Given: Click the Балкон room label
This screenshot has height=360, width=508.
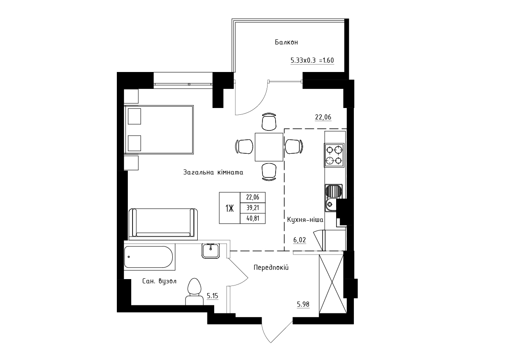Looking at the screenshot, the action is pyautogui.click(x=286, y=42).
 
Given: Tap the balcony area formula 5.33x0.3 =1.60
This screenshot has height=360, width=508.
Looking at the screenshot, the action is pyautogui.click(x=312, y=60).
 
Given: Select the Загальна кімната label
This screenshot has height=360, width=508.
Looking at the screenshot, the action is pyautogui.click(x=213, y=172).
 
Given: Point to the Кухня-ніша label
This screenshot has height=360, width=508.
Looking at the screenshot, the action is pyautogui.click(x=305, y=219).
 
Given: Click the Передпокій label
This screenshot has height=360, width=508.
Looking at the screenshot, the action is pyautogui.click(x=271, y=268).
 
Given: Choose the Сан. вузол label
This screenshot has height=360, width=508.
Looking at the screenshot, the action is pyautogui.click(x=159, y=281).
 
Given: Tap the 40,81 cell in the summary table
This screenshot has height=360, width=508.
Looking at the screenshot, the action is pyautogui.click(x=253, y=219).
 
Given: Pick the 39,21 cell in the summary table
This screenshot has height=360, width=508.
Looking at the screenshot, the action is pyautogui.click(x=253, y=208).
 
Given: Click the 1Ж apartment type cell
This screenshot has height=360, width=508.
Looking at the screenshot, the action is pyautogui.click(x=229, y=208).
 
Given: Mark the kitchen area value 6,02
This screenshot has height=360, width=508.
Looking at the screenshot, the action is pyautogui.click(x=300, y=240).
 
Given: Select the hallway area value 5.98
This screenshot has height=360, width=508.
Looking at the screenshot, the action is pyautogui.click(x=303, y=304).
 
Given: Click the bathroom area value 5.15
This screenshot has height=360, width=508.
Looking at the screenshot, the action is pyautogui.click(x=212, y=296).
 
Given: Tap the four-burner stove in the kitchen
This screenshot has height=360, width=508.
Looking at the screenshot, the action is pyautogui.click(x=334, y=155).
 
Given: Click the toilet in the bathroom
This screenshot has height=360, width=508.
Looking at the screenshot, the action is pyautogui.click(x=194, y=292).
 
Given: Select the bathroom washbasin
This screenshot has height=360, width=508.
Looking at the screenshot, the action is pyautogui.click(x=211, y=251).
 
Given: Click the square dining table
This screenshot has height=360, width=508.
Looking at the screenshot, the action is pyautogui.click(x=269, y=147).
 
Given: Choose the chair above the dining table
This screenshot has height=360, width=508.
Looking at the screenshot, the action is pyautogui.click(x=269, y=122).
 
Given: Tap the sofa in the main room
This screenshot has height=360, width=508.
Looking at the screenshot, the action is pyautogui.click(x=163, y=224).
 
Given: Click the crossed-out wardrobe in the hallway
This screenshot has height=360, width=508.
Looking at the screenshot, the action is pyautogui.click(x=333, y=284).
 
